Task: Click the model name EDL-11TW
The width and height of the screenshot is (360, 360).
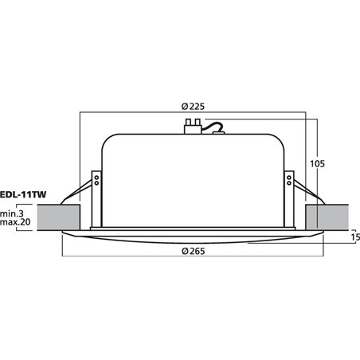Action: (24, 191)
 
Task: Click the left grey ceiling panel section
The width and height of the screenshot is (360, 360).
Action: (58, 217)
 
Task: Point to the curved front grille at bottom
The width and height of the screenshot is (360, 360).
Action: (191, 237)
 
